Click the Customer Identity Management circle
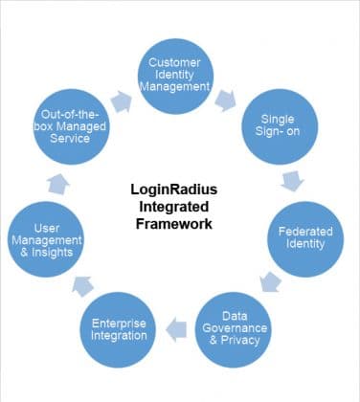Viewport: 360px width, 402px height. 180,74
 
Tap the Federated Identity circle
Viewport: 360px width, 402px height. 305,236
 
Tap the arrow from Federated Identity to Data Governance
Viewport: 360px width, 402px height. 273,281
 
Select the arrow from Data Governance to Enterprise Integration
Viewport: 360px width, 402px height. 177,330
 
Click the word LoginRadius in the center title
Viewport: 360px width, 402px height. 172,189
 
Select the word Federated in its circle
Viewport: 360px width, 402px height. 305,231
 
